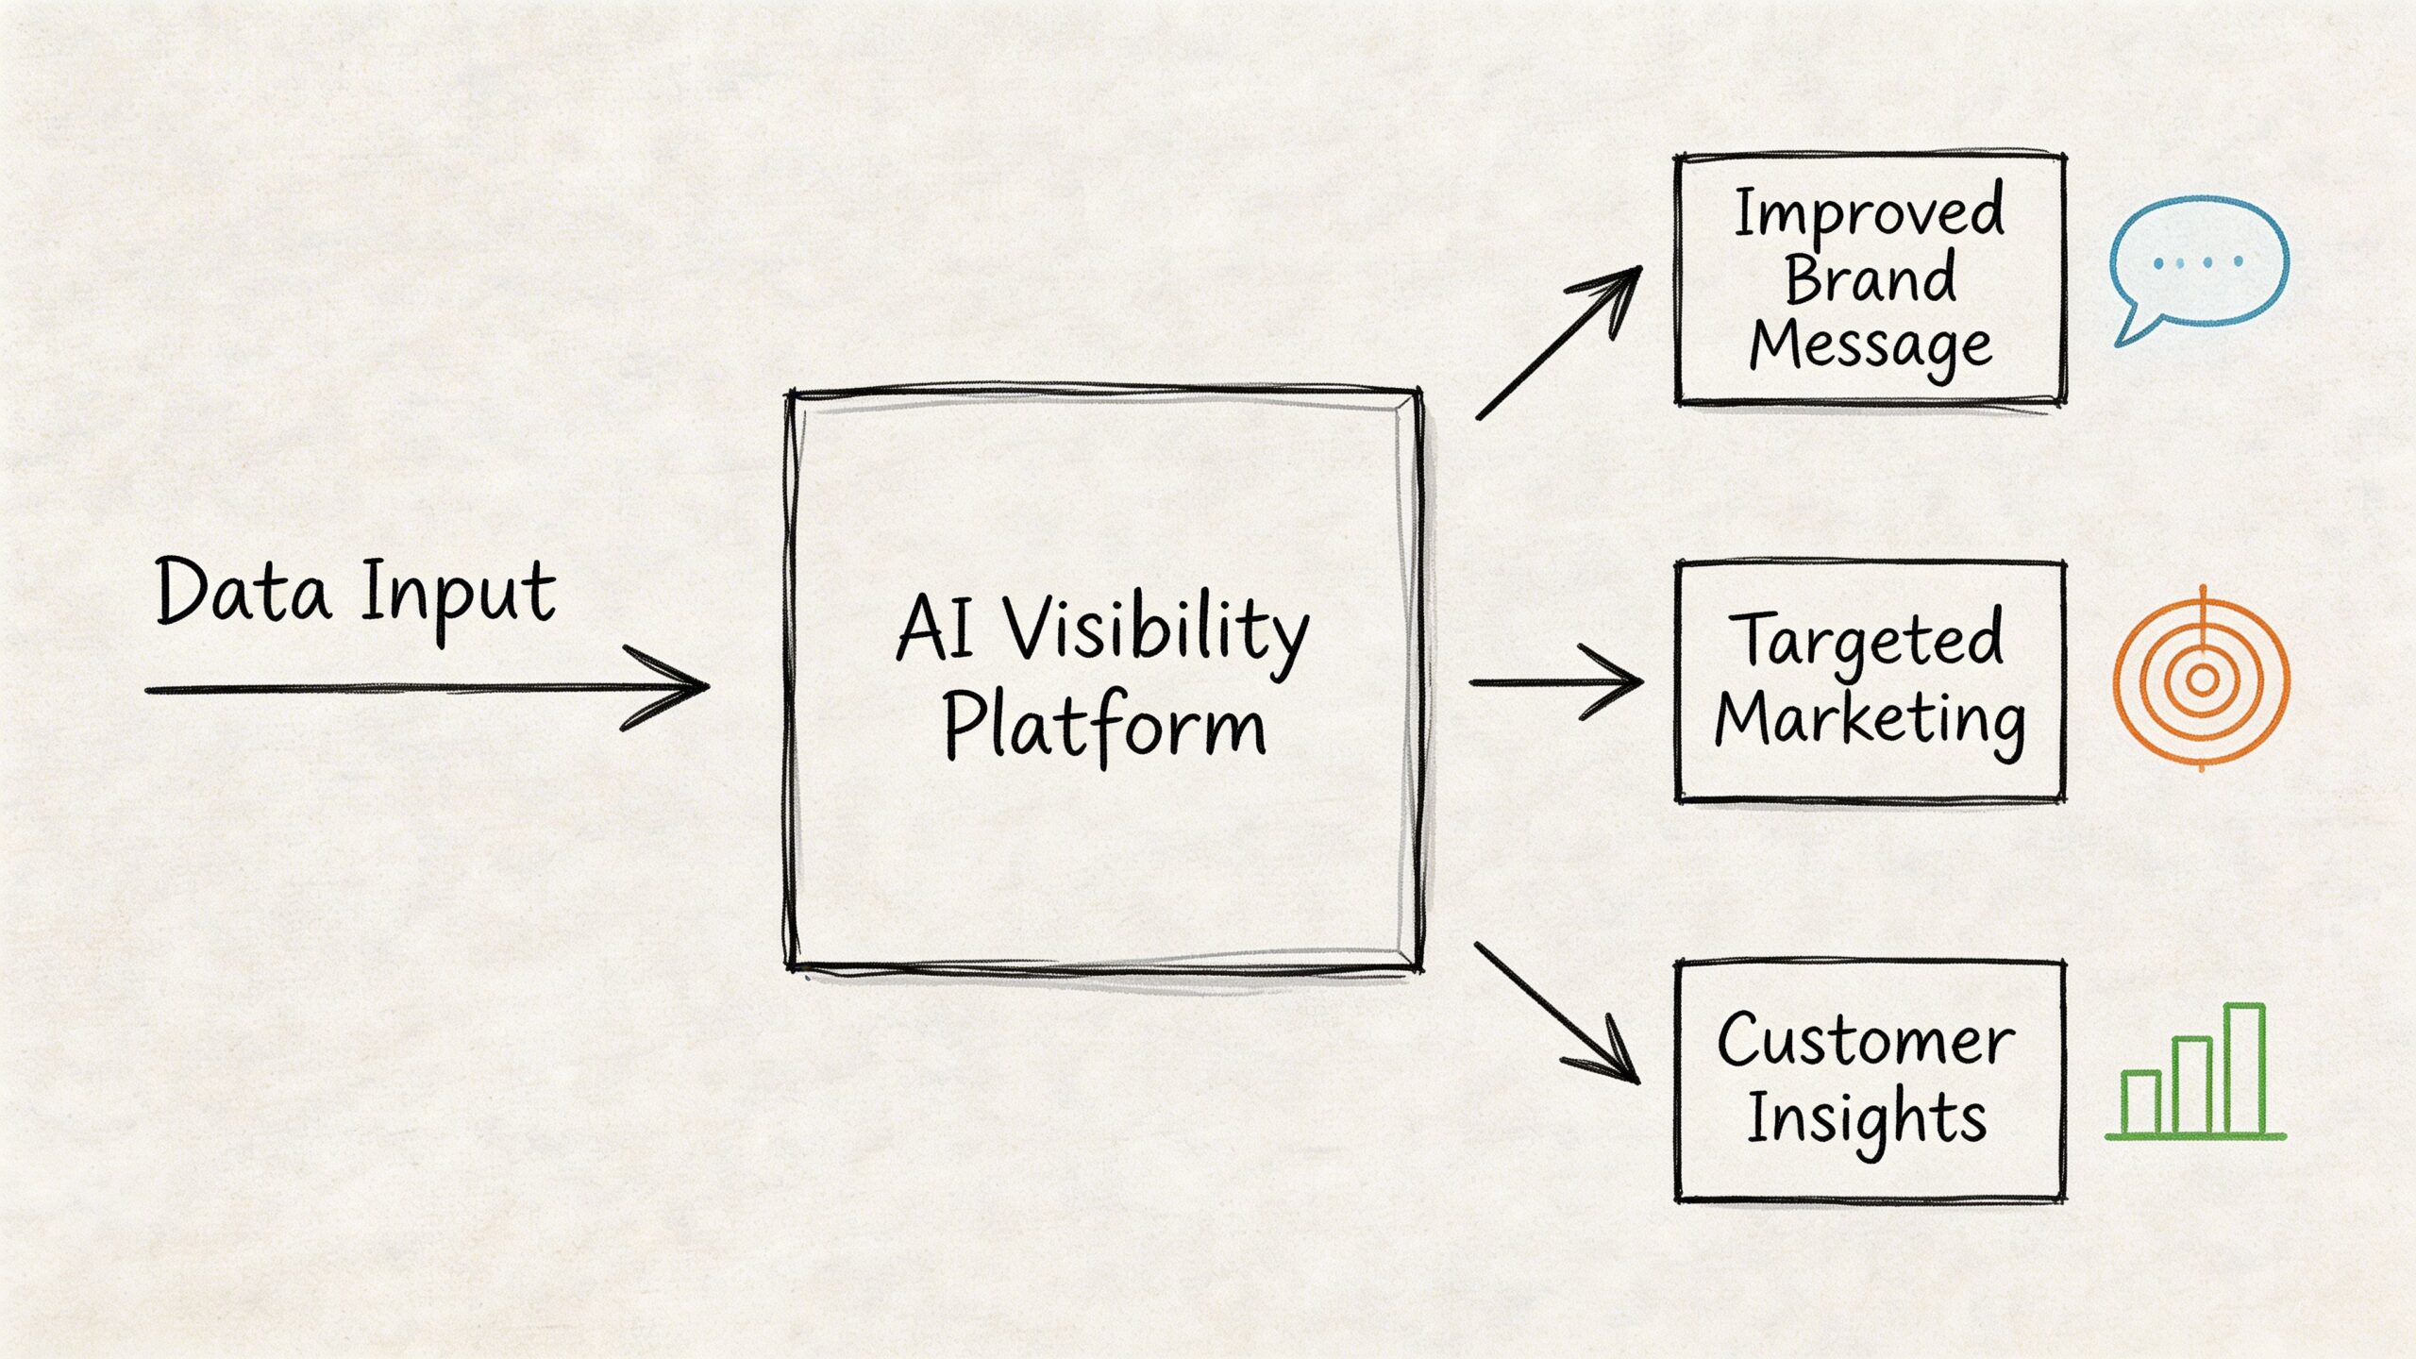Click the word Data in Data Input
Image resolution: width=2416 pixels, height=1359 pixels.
[x=243, y=593]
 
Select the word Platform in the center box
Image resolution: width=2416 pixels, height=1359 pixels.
[x=1104, y=727]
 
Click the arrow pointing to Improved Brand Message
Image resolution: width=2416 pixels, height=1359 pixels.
[x=1557, y=344]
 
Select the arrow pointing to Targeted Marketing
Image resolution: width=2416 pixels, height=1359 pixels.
[x=1557, y=681]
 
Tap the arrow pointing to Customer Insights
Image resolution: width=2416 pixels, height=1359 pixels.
[x=1557, y=1015]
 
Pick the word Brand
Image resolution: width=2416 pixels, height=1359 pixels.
[x=1869, y=280]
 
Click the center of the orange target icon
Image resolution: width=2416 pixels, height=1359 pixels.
[x=2202, y=679]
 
